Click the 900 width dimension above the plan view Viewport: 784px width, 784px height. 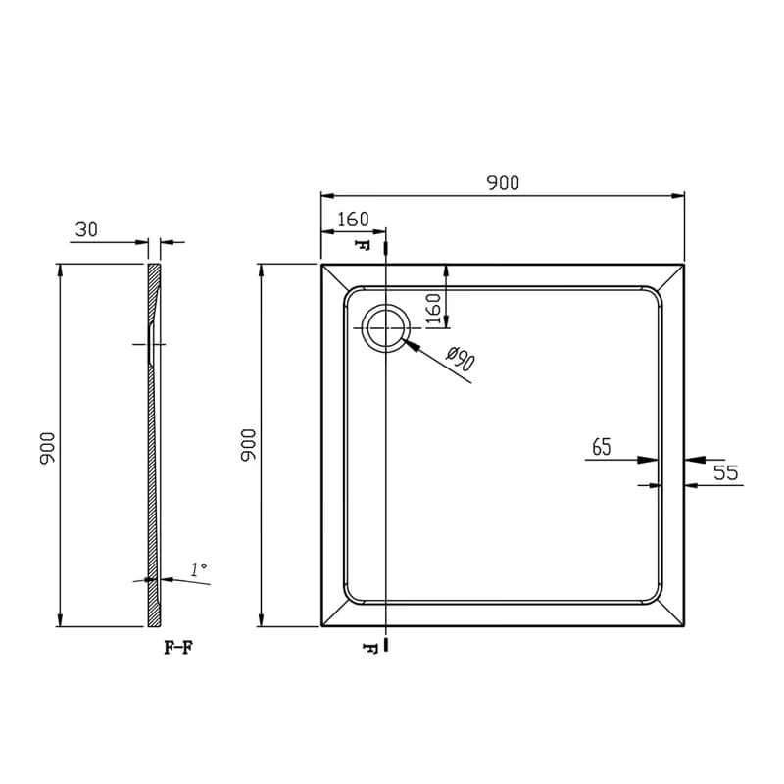click(x=503, y=183)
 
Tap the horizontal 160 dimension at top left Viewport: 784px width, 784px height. click(x=353, y=219)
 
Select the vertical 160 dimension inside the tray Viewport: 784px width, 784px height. click(x=433, y=309)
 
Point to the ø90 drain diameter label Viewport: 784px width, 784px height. click(x=461, y=359)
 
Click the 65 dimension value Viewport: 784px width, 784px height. click(x=602, y=447)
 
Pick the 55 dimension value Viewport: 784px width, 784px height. click(x=725, y=472)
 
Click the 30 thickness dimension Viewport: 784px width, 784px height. click(x=86, y=229)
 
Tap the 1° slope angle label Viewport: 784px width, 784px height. click(x=199, y=569)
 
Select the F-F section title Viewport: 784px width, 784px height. click(x=178, y=648)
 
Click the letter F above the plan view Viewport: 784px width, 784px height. click(x=362, y=245)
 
